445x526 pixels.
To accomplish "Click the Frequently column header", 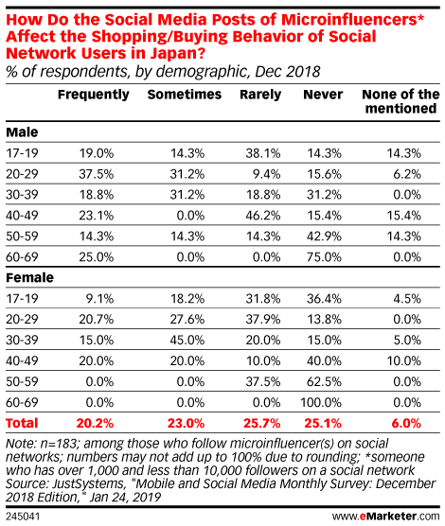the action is click(x=94, y=95).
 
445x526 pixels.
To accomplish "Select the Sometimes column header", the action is click(x=185, y=95).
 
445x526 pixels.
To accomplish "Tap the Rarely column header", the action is click(x=260, y=95).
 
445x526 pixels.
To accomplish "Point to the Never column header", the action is click(x=323, y=95).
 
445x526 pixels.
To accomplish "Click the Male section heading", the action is click(x=22, y=132).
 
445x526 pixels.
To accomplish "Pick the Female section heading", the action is click(x=29, y=278).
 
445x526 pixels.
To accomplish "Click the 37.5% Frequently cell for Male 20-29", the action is click(x=97, y=174).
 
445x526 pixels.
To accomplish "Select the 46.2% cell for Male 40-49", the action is click(x=263, y=216).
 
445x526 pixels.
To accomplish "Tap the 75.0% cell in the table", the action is click(x=324, y=257).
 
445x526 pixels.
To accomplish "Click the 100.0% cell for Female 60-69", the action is click(x=321, y=403).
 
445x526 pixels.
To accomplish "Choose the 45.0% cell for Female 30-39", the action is click(x=187, y=341).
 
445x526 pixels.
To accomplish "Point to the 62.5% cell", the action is click(x=324, y=382).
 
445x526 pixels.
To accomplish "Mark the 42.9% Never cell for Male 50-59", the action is click(x=324, y=237).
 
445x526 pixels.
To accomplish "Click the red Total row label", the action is click(x=22, y=423).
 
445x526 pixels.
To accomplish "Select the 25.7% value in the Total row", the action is click(x=262, y=423).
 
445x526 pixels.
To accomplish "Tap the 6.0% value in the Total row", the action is click(x=406, y=423).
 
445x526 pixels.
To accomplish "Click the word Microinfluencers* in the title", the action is click(x=352, y=20).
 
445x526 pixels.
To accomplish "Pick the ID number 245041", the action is click(x=23, y=517).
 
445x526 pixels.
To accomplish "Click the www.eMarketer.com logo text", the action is click(x=386, y=516).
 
